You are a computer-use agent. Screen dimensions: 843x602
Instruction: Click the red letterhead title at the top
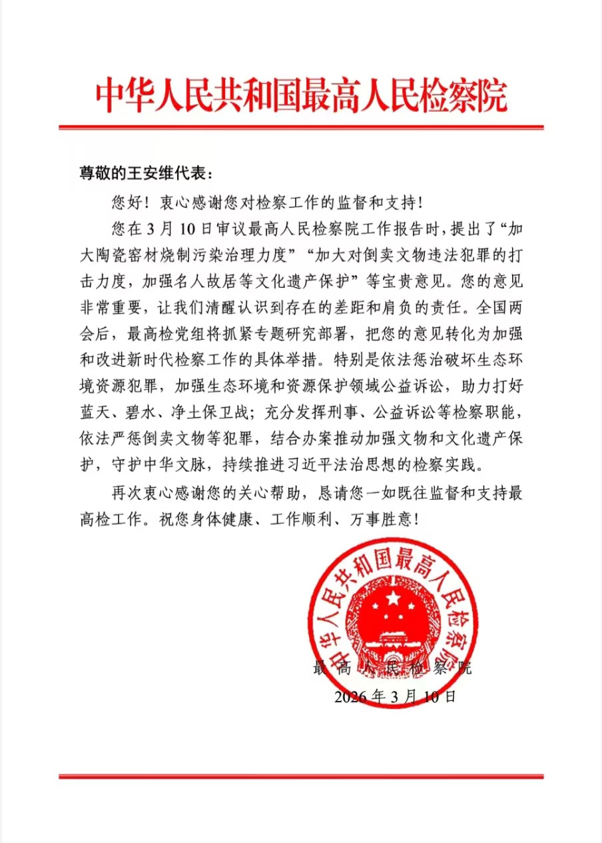[x=301, y=97]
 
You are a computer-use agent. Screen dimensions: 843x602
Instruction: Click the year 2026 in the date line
[x=350, y=697]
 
